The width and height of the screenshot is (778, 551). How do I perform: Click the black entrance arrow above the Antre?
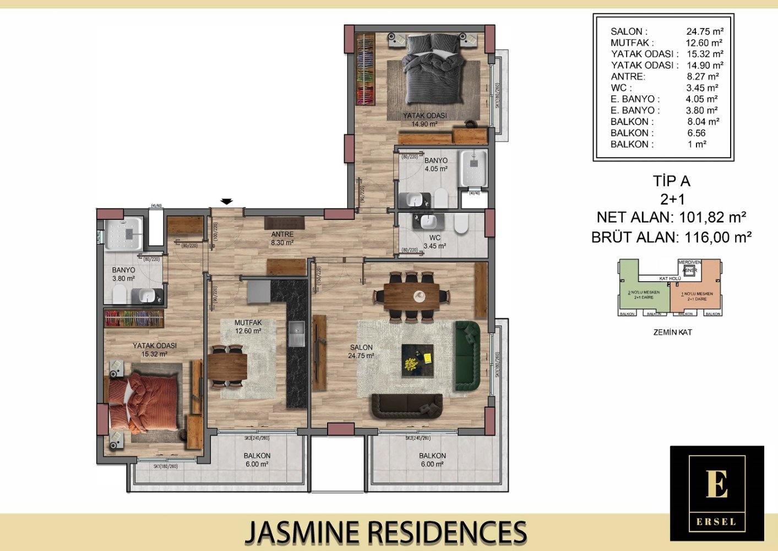point(227,201)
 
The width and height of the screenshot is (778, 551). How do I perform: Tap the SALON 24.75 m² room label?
point(361,352)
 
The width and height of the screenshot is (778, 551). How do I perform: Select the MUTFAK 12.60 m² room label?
point(248,327)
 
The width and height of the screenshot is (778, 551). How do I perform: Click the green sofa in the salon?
point(467,356)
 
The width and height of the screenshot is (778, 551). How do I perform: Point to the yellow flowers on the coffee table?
point(411,363)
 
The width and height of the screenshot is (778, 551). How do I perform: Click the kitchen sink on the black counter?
point(296,334)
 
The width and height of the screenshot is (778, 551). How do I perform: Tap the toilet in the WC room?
point(461,223)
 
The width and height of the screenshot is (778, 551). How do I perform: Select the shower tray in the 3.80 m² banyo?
point(124,234)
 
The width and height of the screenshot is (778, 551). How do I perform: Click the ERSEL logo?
point(716,493)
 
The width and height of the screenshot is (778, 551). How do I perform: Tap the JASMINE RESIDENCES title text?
point(385,532)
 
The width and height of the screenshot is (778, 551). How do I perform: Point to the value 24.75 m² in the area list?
point(704,32)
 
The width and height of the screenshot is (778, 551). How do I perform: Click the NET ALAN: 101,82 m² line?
point(671,217)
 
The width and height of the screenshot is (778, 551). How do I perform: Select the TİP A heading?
point(671,181)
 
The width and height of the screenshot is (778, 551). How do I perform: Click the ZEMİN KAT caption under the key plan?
point(672,332)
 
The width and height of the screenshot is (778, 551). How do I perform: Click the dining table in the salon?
point(412,296)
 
